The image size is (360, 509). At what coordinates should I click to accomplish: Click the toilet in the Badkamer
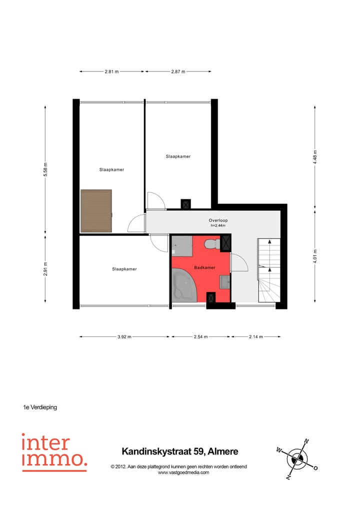[211, 243]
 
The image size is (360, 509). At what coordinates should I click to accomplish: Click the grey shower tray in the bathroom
[182, 245]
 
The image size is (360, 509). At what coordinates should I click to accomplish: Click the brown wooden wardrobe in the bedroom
[96, 210]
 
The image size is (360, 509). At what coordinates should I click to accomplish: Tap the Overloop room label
[218, 220]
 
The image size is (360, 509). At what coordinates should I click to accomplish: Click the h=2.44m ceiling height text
[218, 226]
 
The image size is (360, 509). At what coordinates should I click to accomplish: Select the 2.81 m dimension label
[112, 72]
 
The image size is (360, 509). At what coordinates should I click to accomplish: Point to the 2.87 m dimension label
[178, 72]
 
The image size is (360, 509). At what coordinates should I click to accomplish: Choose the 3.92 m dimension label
[124, 337]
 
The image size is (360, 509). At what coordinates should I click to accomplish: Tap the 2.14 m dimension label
[255, 337]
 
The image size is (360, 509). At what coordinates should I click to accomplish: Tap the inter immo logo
[54, 452]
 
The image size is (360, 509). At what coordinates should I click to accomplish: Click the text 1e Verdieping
[40, 407]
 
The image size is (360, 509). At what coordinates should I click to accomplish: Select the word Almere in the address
[223, 451]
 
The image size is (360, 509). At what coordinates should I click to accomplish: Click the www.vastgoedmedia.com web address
[183, 472]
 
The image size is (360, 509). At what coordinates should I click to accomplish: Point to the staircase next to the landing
[268, 270]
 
